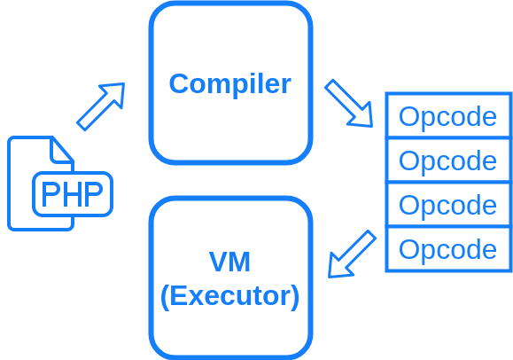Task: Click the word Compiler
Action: (229, 83)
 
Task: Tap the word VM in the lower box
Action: (229, 262)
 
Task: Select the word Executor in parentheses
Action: (229, 295)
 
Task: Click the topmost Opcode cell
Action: (447, 116)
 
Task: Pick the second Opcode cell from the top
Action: (447, 160)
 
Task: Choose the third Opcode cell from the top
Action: (447, 205)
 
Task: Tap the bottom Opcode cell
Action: (447, 249)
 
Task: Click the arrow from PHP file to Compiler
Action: (100, 106)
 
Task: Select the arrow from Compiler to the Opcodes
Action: (348, 103)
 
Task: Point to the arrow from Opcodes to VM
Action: (352, 254)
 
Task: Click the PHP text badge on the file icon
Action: (73, 194)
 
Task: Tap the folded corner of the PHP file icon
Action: (62, 149)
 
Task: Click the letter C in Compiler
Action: (178, 83)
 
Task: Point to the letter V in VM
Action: (218, 262)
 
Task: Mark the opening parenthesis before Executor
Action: (165, 296)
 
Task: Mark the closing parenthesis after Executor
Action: (295, 296)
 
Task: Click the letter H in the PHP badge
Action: (73, 194)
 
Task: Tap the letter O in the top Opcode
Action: (408, 116)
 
